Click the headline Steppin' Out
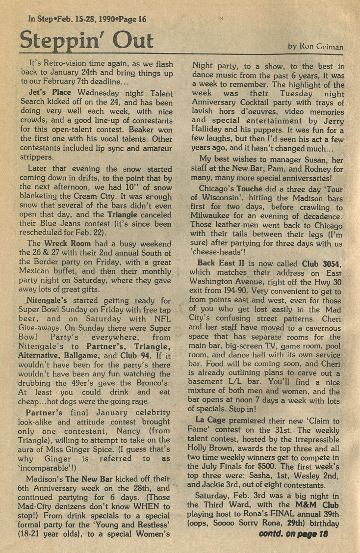point(86,40)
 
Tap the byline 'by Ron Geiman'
point(315,47)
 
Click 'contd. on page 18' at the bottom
point(293,534)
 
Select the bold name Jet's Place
point(50,92)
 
